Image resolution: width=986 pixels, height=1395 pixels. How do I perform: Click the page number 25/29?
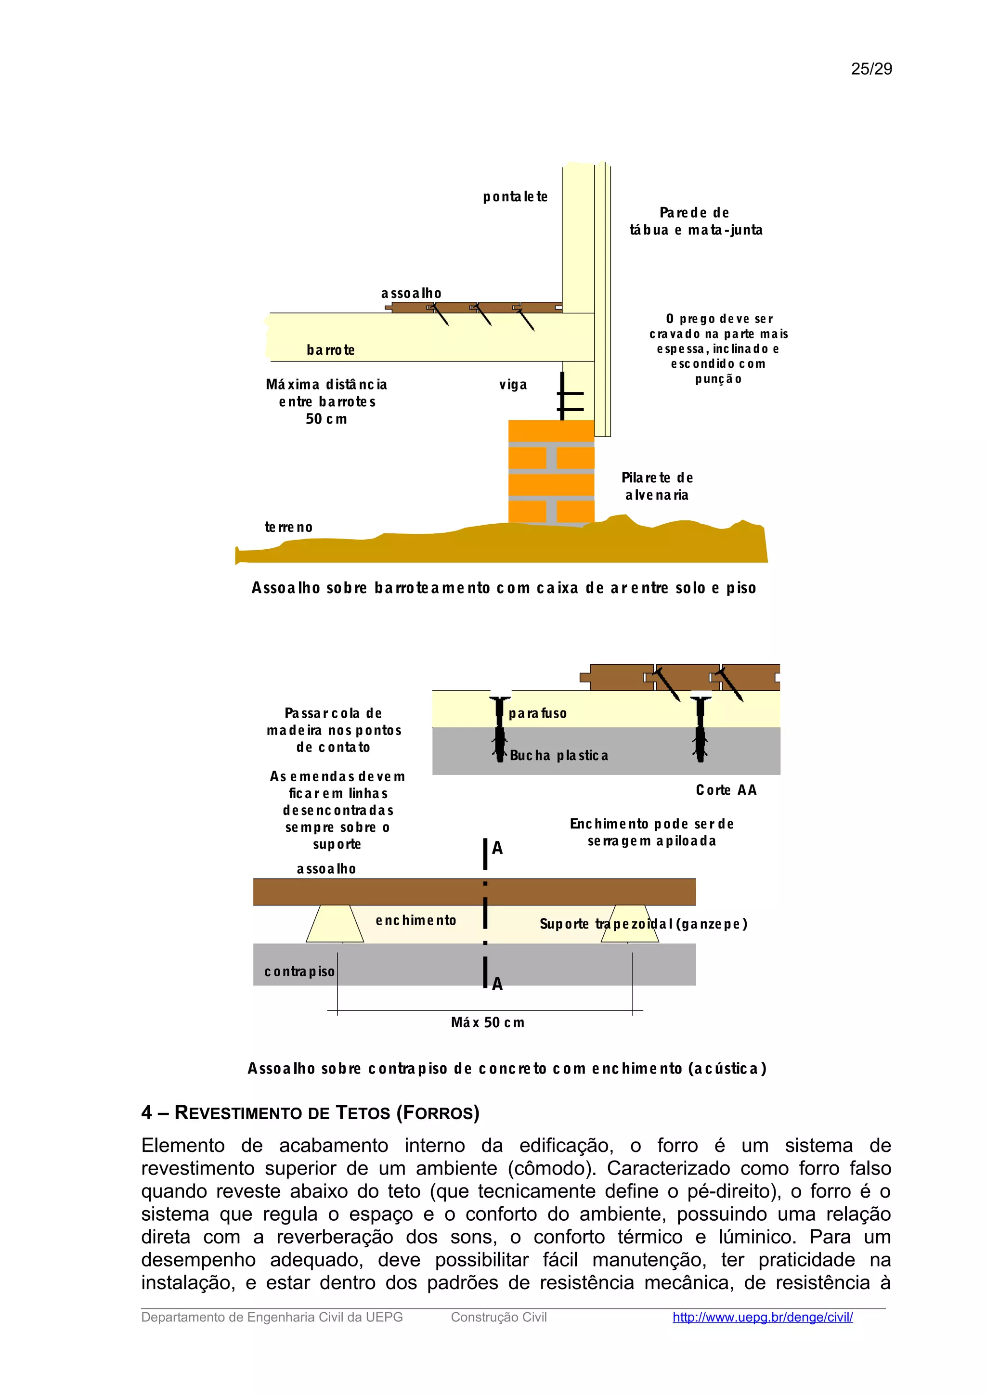pos(871,69)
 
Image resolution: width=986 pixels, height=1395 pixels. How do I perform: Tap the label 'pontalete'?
pos(515,197)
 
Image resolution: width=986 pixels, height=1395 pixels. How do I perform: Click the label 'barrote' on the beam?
pos(330,350)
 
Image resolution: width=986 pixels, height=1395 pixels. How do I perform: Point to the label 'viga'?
pos(513,385)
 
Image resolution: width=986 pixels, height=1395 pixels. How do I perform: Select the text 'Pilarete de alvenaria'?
pos(657,486)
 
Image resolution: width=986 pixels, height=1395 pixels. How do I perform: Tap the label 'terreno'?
pos(288,528)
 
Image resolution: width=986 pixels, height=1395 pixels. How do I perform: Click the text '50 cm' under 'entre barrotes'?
pos(326,419)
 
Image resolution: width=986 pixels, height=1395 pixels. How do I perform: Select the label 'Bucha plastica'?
pos(558,756)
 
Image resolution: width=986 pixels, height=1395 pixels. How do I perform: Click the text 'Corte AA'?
pos(726,790)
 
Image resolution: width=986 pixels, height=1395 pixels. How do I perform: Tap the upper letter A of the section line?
pos(497,848)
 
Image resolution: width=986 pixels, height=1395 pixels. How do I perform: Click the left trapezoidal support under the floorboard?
pos(334,924)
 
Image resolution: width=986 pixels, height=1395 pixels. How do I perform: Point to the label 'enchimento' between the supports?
pos(415,920)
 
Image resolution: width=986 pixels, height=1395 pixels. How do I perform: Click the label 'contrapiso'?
pos(299,971)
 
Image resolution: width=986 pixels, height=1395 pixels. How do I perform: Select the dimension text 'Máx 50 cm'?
pos(487,1022)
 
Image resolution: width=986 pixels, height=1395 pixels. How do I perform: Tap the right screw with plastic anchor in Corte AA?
pos(700,728)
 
